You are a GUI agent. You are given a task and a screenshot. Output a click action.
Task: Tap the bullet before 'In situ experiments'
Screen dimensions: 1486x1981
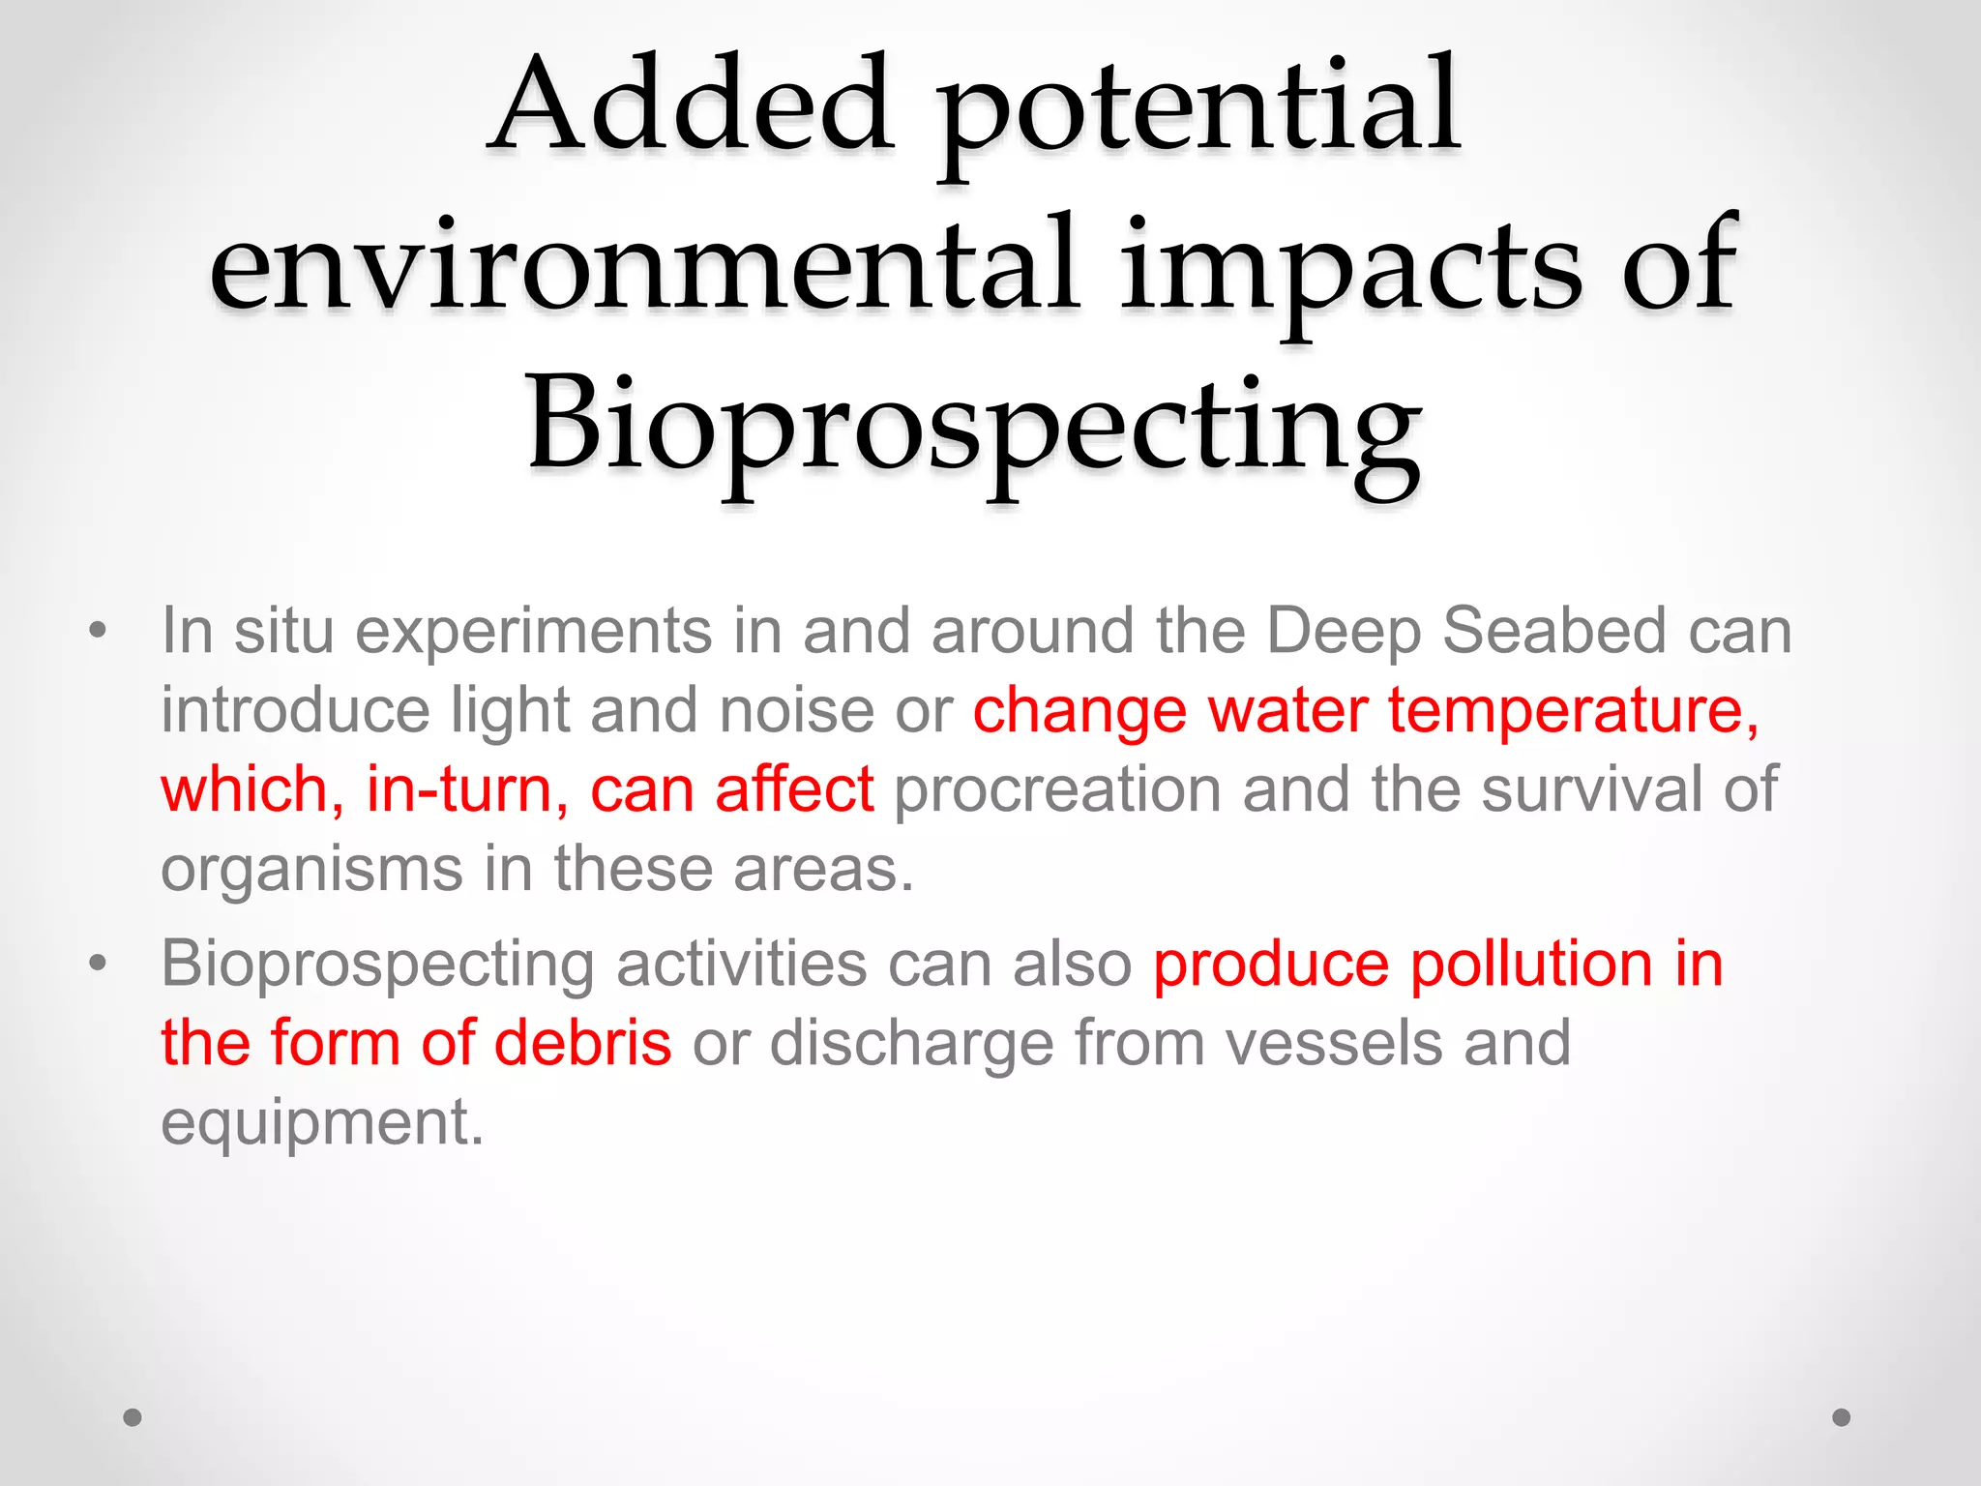pyautogui.click(x=97, y=631)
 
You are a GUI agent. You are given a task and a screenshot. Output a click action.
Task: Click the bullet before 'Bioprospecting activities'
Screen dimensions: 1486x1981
pyautogui.click(x=97, y=964)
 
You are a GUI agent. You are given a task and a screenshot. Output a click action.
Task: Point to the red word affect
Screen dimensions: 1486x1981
pyautogui.click(x=794, y=789)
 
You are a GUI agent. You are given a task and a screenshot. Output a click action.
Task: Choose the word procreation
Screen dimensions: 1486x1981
pyautogui.click(x=1057, y=789)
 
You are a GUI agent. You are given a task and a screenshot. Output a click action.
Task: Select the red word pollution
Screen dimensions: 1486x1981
pyautogui.click(x=1530, y=966)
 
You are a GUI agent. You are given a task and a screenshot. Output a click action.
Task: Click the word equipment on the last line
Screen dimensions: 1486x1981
pyautogui.click(x=321, y=1124)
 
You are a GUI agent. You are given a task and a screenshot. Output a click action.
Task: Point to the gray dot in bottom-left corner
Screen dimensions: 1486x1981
pyautogui.click(x=133, y=1417)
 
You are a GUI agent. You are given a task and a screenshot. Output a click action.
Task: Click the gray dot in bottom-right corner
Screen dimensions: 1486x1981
pyautogui.click(x=1842, y=1417)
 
